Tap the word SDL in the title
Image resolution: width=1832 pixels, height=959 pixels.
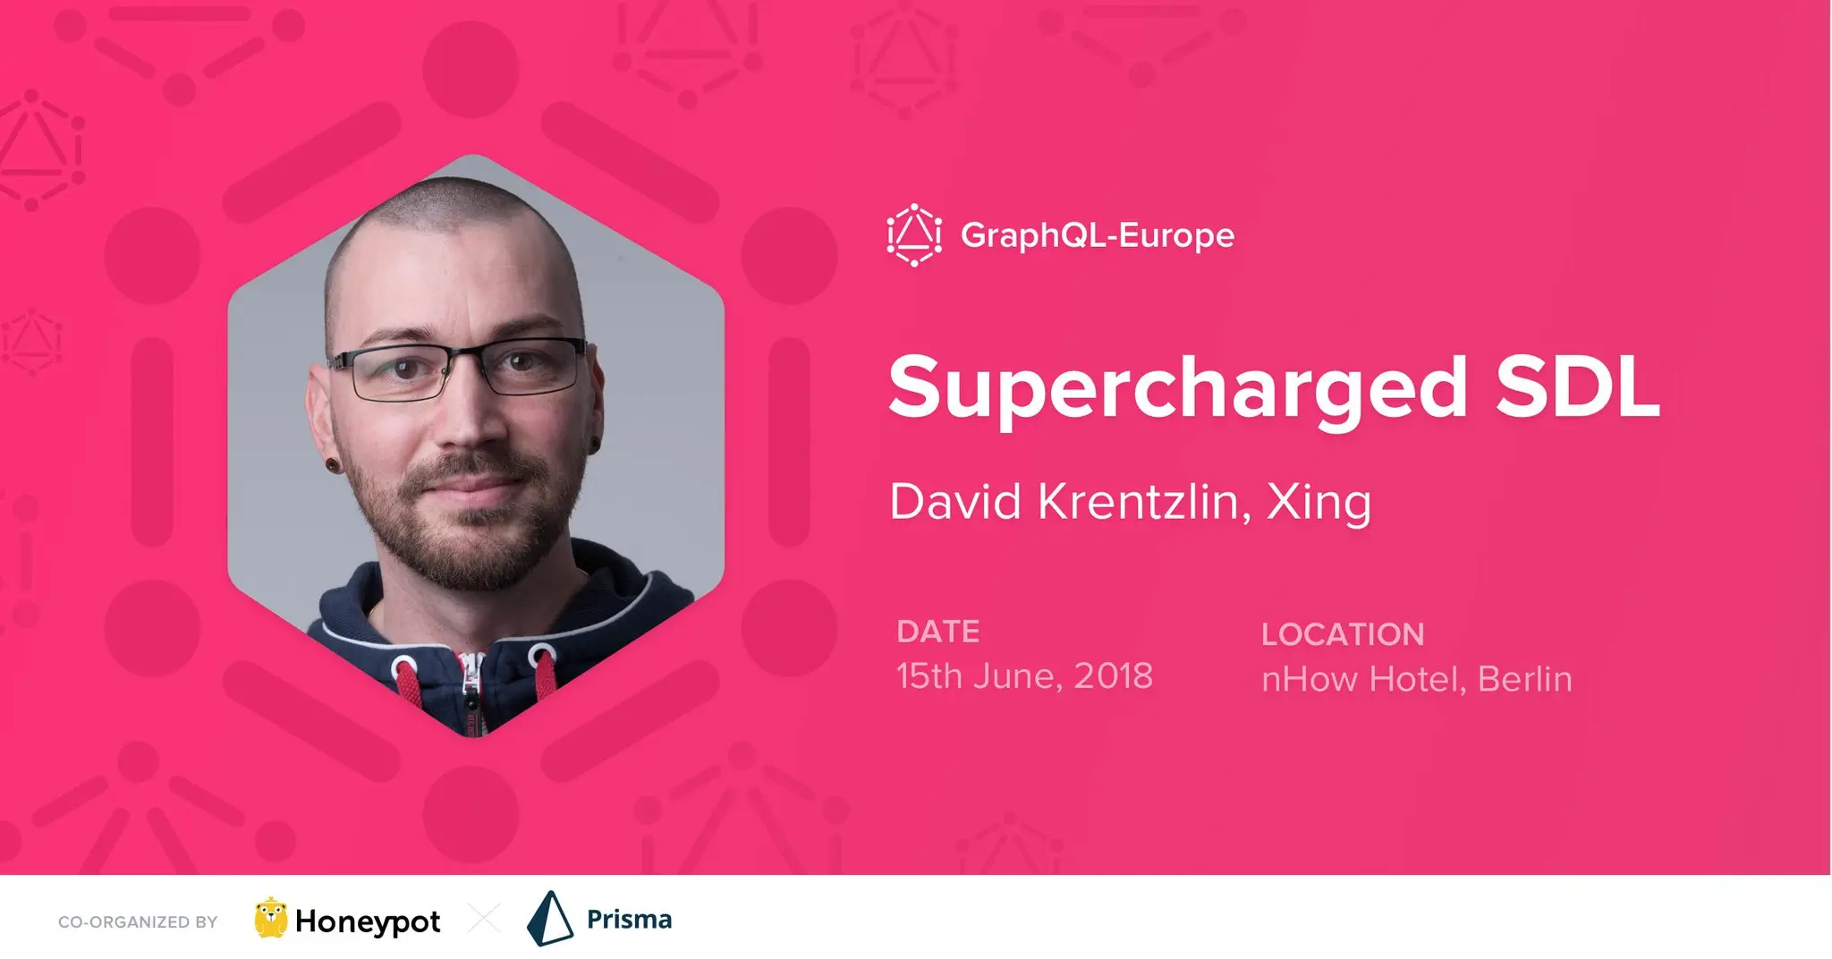1578,386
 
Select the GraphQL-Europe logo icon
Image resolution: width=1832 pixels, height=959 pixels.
914,235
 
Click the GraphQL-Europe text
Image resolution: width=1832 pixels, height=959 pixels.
1098,236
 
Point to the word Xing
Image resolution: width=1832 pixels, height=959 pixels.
1319,502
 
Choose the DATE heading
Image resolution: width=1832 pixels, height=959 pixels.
938,632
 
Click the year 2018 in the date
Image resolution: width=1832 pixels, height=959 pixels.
1113,676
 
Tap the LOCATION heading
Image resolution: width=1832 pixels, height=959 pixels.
1343,634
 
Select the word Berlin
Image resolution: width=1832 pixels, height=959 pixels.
1525,679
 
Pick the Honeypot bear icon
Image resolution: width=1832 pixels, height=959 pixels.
270,918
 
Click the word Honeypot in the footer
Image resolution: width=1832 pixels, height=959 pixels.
368,921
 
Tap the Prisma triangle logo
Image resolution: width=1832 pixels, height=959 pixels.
549,919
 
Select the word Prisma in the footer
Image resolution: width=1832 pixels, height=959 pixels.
629,919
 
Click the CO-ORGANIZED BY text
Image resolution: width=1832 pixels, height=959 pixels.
138,922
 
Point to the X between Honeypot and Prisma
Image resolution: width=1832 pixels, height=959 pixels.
484,920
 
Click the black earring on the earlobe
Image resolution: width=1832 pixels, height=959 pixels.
334,465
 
